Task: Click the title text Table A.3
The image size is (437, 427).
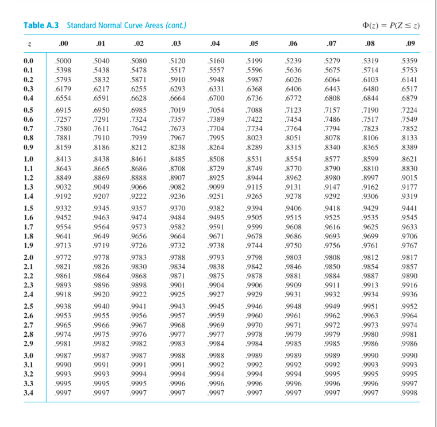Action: tap(41, 26)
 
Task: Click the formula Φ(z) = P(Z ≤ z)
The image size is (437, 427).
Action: tap(391, 26)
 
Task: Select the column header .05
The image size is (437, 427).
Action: tap(253, 44)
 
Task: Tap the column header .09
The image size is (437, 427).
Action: tap(409, 44)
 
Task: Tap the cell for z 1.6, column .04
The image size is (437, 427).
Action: tap(216, 217)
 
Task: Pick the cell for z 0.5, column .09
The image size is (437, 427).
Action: tap(409, 110)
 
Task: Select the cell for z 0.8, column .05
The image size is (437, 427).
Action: tap(254, 138)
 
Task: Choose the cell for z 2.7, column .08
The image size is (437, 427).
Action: tap(370, 325)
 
